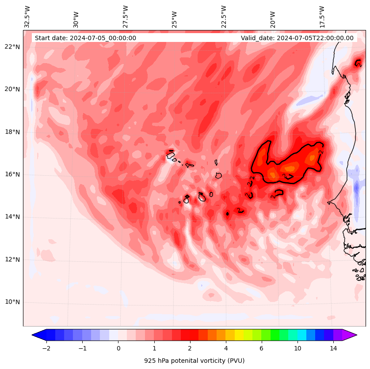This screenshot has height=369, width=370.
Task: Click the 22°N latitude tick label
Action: pyautogui.click(x=12, y=47)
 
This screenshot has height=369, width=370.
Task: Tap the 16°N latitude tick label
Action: pyautogui.click(x=12, y=174)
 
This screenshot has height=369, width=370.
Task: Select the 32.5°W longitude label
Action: pyautogui.click(x=27, y=16)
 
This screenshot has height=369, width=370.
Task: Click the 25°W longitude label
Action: pyautogui.click(x=175, y=17)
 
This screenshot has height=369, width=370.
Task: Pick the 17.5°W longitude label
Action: pyautogui.click(x=322, y=16)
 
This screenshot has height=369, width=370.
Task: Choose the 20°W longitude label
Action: pyautogui.click(x=273, y=17)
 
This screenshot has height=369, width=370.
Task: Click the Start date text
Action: pyautogui.click(x=85, y=38)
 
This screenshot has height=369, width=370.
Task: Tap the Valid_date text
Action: pyautogui.click(x=297, y=38)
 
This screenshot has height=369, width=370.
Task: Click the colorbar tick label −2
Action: pyautogui.click(x=46, y=348)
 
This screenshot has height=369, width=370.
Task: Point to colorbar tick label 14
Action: pyautogui.click(x=333, y=348)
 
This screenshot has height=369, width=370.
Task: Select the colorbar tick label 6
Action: pyautogui.click(x=261, y=348)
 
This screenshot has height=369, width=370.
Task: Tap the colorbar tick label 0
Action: pyautogui.click(x=118, y=348)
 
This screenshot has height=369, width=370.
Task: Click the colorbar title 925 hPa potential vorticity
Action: pyautogui.click(x=194, y=361)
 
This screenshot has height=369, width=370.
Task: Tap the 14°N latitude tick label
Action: pyautogui.click(x=12, y=217)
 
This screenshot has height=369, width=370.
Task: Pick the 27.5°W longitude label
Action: pyautogui.click(x=126, y=16)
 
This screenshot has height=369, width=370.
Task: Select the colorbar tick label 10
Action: pyautogui.click(x=298, y=348)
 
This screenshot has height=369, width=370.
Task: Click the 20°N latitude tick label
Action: pyautogui.click(x=12, y=89)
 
